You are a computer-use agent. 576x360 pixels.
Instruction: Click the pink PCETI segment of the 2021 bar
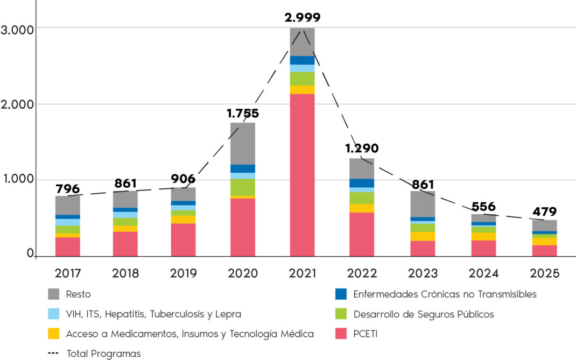302,175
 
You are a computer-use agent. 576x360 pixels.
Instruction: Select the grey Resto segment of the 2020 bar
243,143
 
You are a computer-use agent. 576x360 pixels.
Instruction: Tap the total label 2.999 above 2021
303,17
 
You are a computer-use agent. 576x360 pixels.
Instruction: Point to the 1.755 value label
243,114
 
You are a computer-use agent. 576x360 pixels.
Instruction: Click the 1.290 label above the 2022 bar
362,148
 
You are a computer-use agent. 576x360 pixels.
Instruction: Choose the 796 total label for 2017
68,189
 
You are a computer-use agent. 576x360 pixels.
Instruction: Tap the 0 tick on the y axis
30,253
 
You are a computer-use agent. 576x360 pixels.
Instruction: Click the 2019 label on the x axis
184,273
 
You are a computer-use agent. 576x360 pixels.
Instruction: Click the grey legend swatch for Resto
54,294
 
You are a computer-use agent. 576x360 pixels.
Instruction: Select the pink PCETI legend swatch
341,334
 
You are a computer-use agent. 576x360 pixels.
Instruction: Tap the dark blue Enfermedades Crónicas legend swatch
341,294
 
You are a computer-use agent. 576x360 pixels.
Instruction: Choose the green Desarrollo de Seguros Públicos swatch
341,314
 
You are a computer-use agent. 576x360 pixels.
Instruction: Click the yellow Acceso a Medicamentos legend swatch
54,334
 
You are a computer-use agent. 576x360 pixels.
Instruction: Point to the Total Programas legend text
103,354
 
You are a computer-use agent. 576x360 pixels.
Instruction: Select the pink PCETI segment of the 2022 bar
362,234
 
